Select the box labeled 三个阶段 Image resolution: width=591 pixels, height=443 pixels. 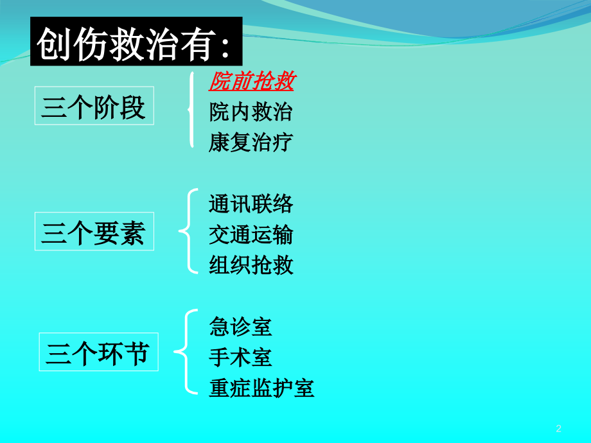94,106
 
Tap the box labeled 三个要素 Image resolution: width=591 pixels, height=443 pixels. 94,232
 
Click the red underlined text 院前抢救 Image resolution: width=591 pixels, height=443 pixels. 251,82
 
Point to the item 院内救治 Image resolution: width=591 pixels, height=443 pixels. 251,112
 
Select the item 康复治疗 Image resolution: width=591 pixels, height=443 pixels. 251,141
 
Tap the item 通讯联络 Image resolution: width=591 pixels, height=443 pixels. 251,204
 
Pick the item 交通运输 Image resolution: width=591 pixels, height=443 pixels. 251,234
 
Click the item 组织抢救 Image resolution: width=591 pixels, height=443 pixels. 251,265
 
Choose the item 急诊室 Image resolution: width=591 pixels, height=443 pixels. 240,327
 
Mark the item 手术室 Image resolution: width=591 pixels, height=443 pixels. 240,357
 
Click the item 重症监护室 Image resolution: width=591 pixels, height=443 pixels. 261,388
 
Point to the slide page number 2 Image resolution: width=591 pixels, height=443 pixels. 558,429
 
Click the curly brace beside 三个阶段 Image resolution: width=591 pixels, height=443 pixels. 191,110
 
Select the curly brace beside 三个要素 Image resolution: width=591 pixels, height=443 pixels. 186,231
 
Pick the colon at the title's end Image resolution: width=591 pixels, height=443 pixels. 224,46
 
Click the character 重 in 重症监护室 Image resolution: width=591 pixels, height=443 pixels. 220,388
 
